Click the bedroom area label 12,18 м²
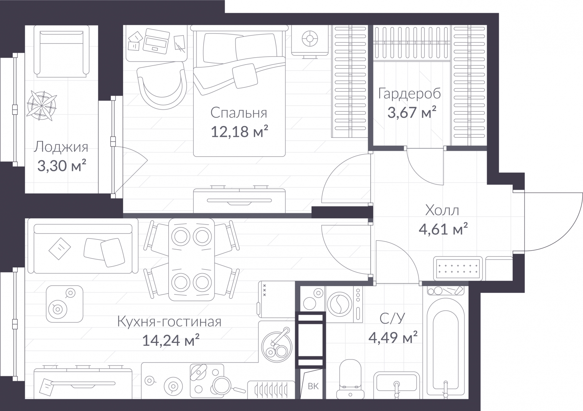239,132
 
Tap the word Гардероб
410,94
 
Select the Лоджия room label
61,147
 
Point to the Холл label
442,210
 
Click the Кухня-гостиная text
169,322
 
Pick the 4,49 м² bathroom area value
393,338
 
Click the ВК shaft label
313,386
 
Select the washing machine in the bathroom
344,304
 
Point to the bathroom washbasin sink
396,386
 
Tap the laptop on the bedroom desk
156,41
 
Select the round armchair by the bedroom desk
162,86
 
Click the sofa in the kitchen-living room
83,246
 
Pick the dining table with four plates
192,259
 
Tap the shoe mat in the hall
458,269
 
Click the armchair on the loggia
62,51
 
